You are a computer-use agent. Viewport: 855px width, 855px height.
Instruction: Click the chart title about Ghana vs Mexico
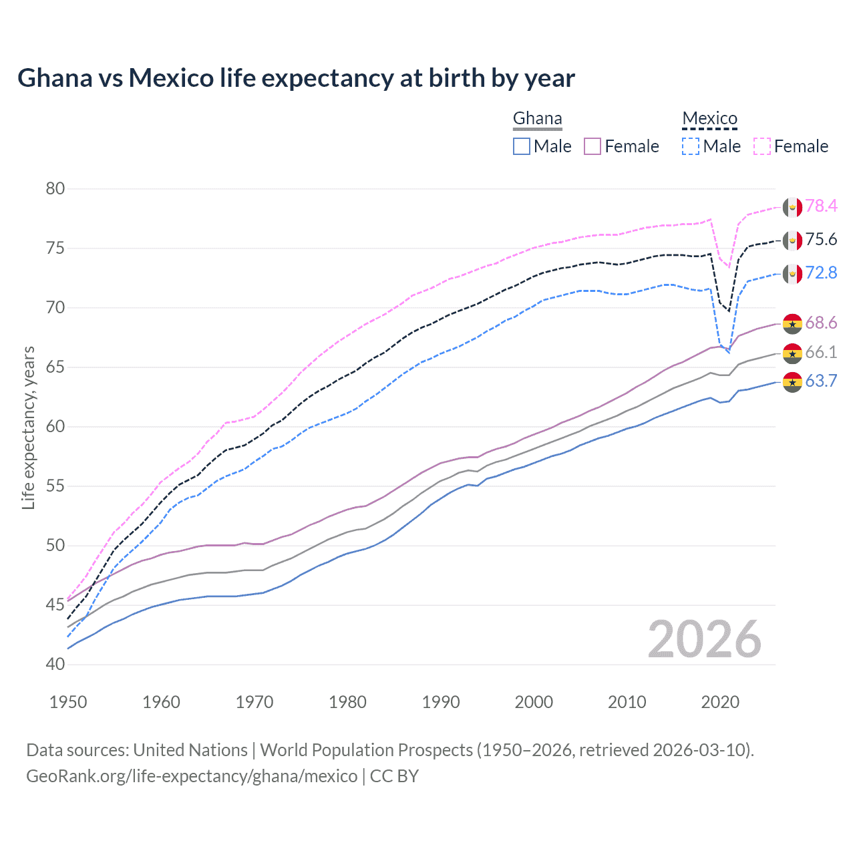point(296,78)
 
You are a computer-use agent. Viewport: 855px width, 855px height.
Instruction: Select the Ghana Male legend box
point(522,146)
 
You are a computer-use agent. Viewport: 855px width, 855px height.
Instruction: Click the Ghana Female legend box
point(593,146)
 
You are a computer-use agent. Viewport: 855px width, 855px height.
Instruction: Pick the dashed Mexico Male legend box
point(691,146)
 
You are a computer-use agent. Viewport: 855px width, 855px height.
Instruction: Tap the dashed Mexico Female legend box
point(762,146)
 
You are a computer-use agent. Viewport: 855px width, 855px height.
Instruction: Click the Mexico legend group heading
point(709,119)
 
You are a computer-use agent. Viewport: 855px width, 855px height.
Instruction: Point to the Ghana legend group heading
point(537,119)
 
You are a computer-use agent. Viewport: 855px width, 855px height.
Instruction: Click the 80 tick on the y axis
point(55,189)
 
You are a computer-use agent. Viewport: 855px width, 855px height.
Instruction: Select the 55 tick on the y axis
point(55,486)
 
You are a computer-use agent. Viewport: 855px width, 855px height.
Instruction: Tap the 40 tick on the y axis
point(55,665)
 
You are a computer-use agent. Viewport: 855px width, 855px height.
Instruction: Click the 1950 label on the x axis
point(68,702)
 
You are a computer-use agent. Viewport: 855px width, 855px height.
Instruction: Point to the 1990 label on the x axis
point(441,702)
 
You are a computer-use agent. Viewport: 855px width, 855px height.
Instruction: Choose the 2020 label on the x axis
point(720,702)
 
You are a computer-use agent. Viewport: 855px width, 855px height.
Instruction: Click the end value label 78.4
point(821,206)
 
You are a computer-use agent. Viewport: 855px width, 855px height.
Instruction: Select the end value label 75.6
point(821,240)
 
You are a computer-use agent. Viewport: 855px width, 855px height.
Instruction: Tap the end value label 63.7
point(821,381)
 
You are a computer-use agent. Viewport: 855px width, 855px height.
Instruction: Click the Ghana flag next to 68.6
point(792,323)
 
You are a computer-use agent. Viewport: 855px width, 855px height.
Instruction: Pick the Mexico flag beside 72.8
point(792,273)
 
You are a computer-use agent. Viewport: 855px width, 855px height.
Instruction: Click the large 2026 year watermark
point(705,639)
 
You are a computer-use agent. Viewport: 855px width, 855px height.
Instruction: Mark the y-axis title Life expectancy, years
point(28,427)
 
